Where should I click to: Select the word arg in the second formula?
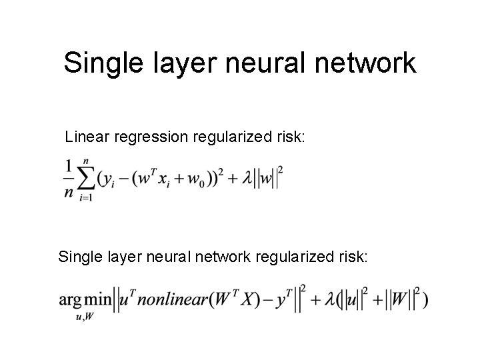(x=70, y=301)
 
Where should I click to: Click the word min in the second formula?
(x=97, y=299)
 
